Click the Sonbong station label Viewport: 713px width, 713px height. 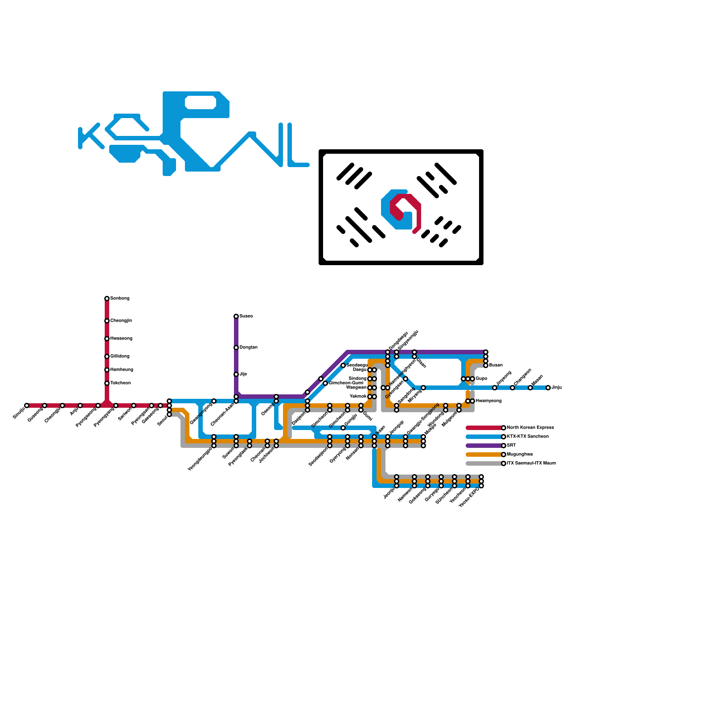coord(120,299)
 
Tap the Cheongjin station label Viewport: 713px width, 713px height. coord(121,321)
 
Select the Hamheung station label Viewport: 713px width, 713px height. coord(122,370)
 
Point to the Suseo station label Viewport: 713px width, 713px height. coord(246,316)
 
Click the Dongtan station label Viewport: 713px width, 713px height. coord(248,348)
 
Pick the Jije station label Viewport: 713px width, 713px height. coord(243,374)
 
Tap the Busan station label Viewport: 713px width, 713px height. coord(496,365)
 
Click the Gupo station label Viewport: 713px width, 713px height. coord(481,379)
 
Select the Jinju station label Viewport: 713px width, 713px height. coord(557,388)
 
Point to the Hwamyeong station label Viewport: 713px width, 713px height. coord(488,401)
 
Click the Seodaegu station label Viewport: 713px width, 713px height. coord(357,365)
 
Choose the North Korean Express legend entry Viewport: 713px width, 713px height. coord(530,428)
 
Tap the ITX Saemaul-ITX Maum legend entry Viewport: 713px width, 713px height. coord(531,463)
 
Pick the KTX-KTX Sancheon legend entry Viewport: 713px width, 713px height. coord(528,437)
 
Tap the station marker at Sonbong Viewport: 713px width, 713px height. coord(107,299)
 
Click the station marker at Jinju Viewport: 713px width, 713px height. coord(548,388)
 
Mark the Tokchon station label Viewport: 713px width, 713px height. coord(120,383)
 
